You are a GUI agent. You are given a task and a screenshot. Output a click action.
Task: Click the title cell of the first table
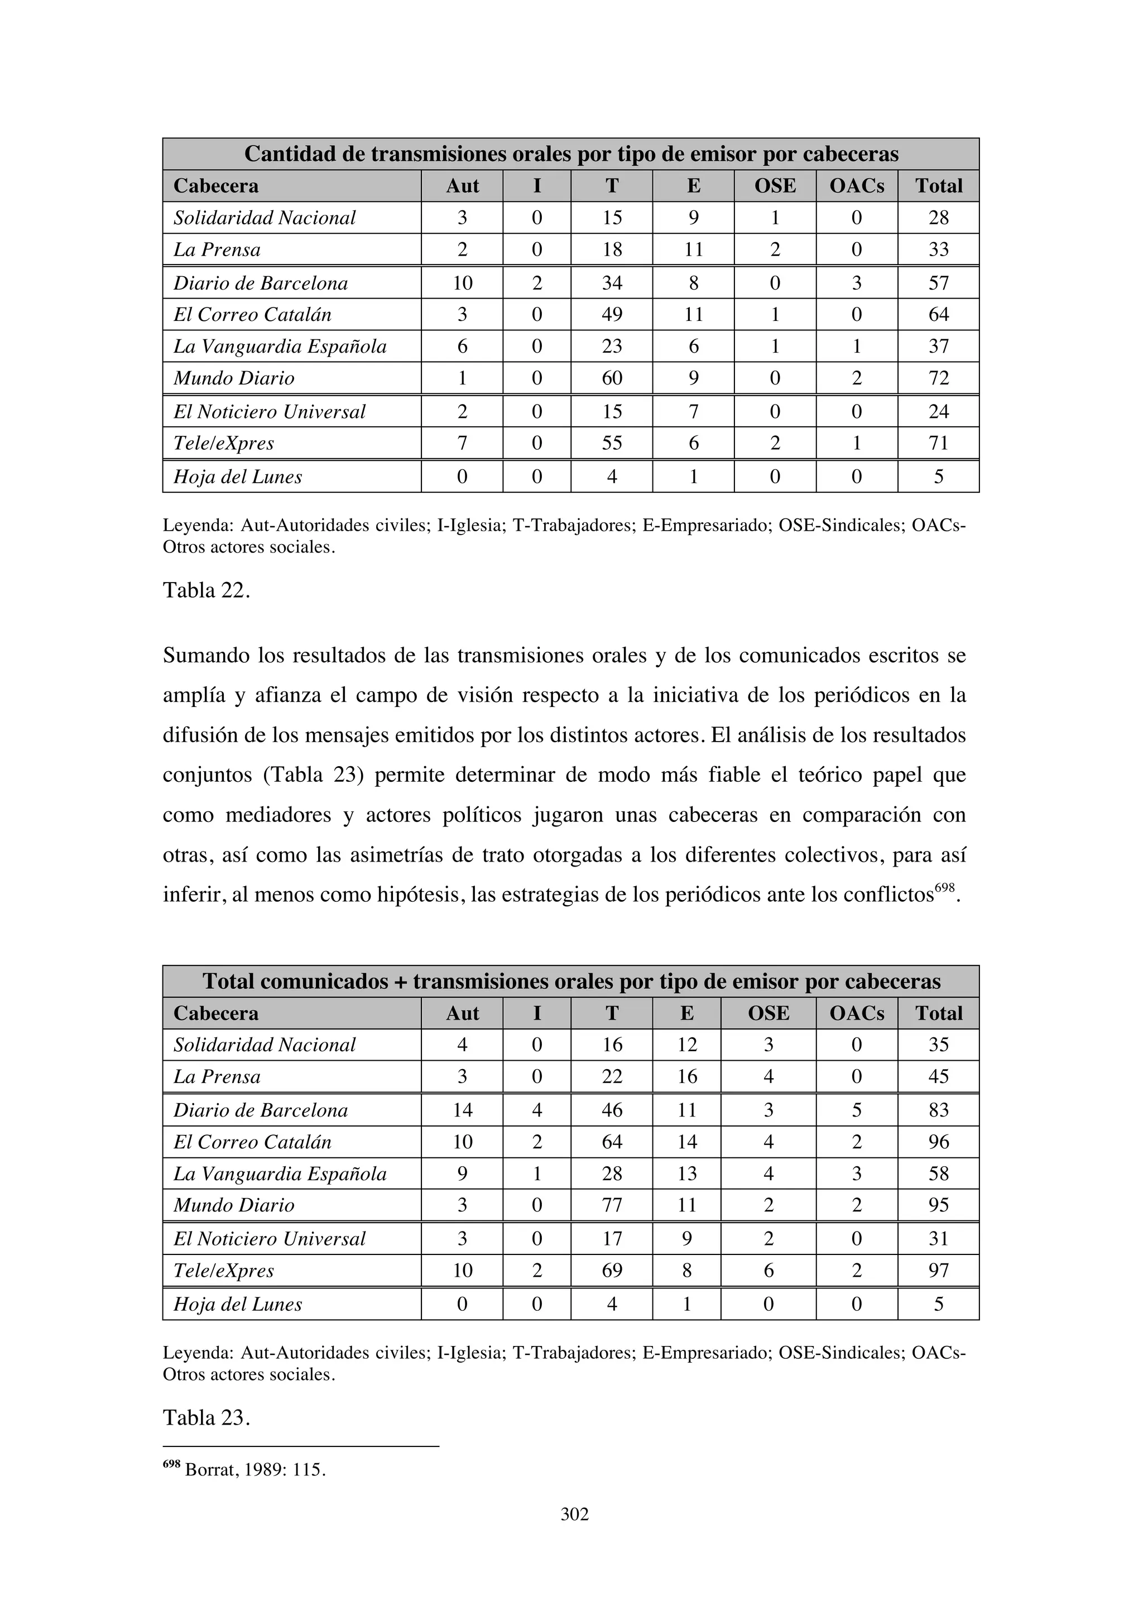[x=571, y=154]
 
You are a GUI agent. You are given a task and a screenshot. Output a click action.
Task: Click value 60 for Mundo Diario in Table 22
[x=612, y=378]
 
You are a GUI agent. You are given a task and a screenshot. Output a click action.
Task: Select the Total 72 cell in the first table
[x=938, y=378]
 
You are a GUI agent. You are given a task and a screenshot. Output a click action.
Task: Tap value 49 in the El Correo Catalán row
[x=612, y=315]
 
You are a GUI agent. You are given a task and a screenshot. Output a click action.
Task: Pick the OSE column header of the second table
[x=768, y=1013]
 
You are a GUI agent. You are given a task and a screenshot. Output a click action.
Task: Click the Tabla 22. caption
[x=206, y=590]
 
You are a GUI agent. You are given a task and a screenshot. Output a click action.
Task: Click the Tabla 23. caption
[x=206, y=1417]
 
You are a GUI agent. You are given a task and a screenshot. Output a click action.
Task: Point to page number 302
[x=574, y=1514]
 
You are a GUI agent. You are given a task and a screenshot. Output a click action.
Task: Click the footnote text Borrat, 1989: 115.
[x=255, y=1470]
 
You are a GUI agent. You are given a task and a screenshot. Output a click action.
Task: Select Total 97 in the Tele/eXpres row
[x=938, y=1271]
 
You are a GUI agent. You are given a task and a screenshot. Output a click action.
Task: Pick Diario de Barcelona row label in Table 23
[x=261, y=1110]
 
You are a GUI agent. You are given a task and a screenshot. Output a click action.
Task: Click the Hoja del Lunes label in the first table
[x=238, y=477]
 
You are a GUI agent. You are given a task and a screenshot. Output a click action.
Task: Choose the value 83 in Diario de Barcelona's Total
[x=938, y=1110]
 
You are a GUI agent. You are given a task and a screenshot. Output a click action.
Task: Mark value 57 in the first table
[x=938, y=283]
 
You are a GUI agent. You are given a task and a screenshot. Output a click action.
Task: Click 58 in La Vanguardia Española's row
[x=938, y=1174]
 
